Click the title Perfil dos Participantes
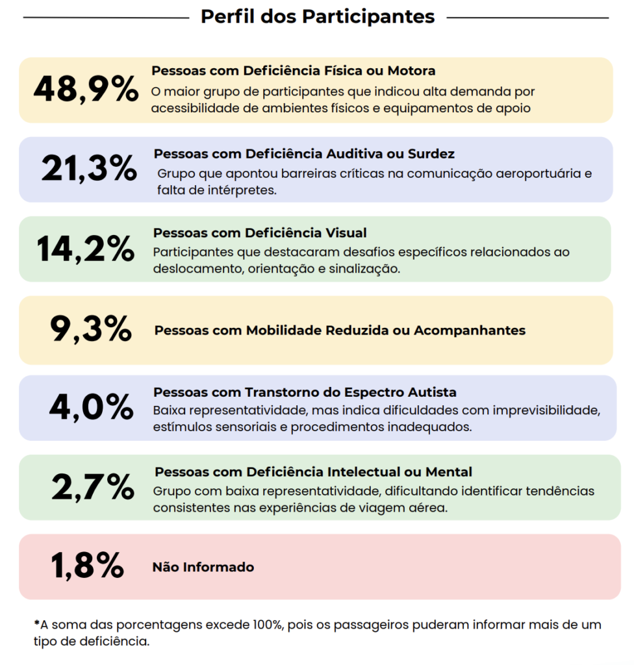point(317,16)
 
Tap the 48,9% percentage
point(86,90)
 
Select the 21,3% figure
point(89,169)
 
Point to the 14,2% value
point(86,249)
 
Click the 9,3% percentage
point(91,329)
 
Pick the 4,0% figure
point(91,408)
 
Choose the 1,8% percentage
point(88,566)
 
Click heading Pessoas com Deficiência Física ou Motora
point(293,70)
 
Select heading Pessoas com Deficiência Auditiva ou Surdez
point(304,154)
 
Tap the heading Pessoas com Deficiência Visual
point(260,232)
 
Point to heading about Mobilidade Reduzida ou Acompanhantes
point(340,331)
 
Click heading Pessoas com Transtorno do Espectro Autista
point(305,392)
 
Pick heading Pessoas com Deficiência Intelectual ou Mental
point(313,472)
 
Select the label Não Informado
point(203,568)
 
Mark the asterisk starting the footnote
point(36,623)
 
